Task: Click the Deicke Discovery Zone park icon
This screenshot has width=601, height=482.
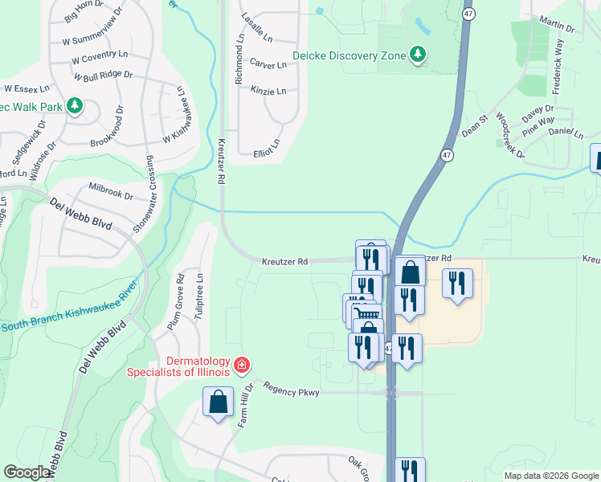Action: coord(417,55)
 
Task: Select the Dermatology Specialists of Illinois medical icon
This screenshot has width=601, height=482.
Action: coord(242,367)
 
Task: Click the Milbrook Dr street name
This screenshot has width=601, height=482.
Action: coord(111,194)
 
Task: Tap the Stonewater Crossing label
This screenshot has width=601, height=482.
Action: coord(149,193)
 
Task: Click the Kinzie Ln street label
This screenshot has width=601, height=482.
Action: coord(268,91)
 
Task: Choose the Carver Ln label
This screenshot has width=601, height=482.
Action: coord(268,65)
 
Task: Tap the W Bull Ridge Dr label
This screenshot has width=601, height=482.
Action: coord(103,76)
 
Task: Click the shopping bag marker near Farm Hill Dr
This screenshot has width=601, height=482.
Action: coord(219,401)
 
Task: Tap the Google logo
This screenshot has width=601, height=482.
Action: coord(27,472)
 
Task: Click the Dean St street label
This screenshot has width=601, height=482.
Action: coord(475,125)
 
